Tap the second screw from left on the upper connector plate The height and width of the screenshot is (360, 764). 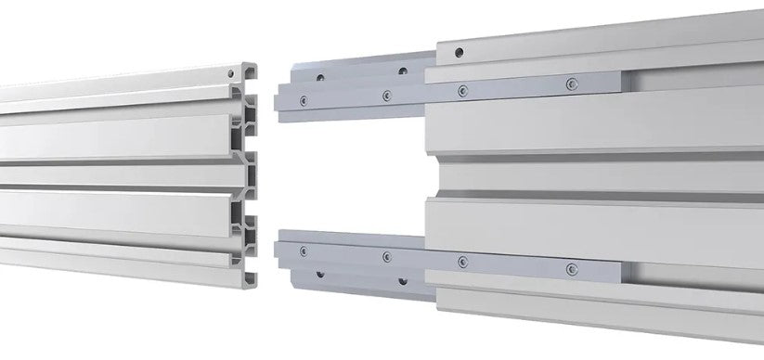pos(386,94)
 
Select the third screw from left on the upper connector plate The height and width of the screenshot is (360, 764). pos(461,90)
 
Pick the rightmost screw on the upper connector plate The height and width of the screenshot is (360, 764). pos(572,84)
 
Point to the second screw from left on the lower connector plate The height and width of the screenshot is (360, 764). pos(386,256)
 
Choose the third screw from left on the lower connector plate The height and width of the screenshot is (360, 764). pos(461,262)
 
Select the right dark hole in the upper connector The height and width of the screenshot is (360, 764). pos(402,71)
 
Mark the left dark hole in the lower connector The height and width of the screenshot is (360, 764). pos(319,274)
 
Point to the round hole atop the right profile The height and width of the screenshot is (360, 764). pos(459,53)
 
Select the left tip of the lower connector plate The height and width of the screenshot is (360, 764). pos(280,249)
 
